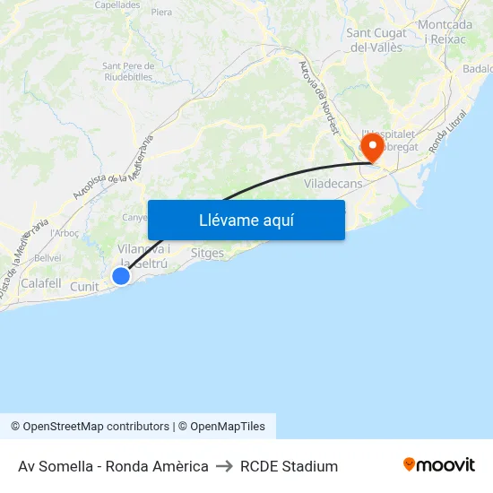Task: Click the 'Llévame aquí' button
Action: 246,220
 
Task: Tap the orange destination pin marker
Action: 372,147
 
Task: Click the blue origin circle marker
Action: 120,276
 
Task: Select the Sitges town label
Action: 207,254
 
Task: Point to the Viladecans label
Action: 333,183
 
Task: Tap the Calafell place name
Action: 40,283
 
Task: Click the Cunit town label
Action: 84,287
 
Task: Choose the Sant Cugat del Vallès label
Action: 376,40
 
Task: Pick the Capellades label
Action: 117,4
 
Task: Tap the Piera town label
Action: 161,13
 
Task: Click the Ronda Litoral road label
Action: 449,131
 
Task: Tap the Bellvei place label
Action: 47,257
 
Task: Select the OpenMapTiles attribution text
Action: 228,427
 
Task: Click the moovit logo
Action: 439,465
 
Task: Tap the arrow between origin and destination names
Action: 224,466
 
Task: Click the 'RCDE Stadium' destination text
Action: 289,466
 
